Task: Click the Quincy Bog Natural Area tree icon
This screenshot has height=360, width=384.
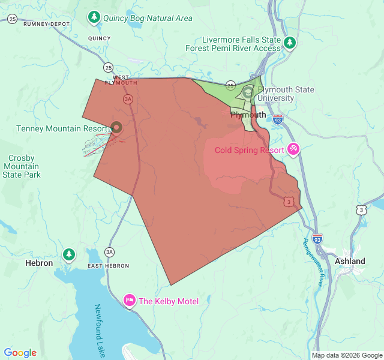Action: (x=94, y=17)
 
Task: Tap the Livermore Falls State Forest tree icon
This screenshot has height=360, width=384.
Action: (x=290, y=43)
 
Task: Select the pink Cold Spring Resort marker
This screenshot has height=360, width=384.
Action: (x=293, y=149)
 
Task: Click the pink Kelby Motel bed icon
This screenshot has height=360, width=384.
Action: (x=129, y=300)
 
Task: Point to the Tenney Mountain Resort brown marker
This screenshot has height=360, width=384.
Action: (x=116, y=127)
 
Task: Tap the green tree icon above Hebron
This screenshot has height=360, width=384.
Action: (x=70, y=254)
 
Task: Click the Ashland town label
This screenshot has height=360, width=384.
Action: (x=350, y=262)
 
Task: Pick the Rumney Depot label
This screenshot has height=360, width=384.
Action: (x=46, y=23)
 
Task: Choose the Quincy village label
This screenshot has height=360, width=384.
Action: (x=99, y=38)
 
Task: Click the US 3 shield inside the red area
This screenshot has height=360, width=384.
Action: (x=289, y=202)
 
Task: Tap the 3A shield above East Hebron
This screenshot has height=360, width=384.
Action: (x=109, y=251)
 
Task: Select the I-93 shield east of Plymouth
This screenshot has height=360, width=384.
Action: (x=278, y=119)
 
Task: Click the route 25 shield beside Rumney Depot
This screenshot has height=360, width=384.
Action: (x=13, y=19)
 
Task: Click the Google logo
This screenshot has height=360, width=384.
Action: (x=20, y=353)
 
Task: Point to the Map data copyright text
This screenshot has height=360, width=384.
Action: (x=347, y=355)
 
